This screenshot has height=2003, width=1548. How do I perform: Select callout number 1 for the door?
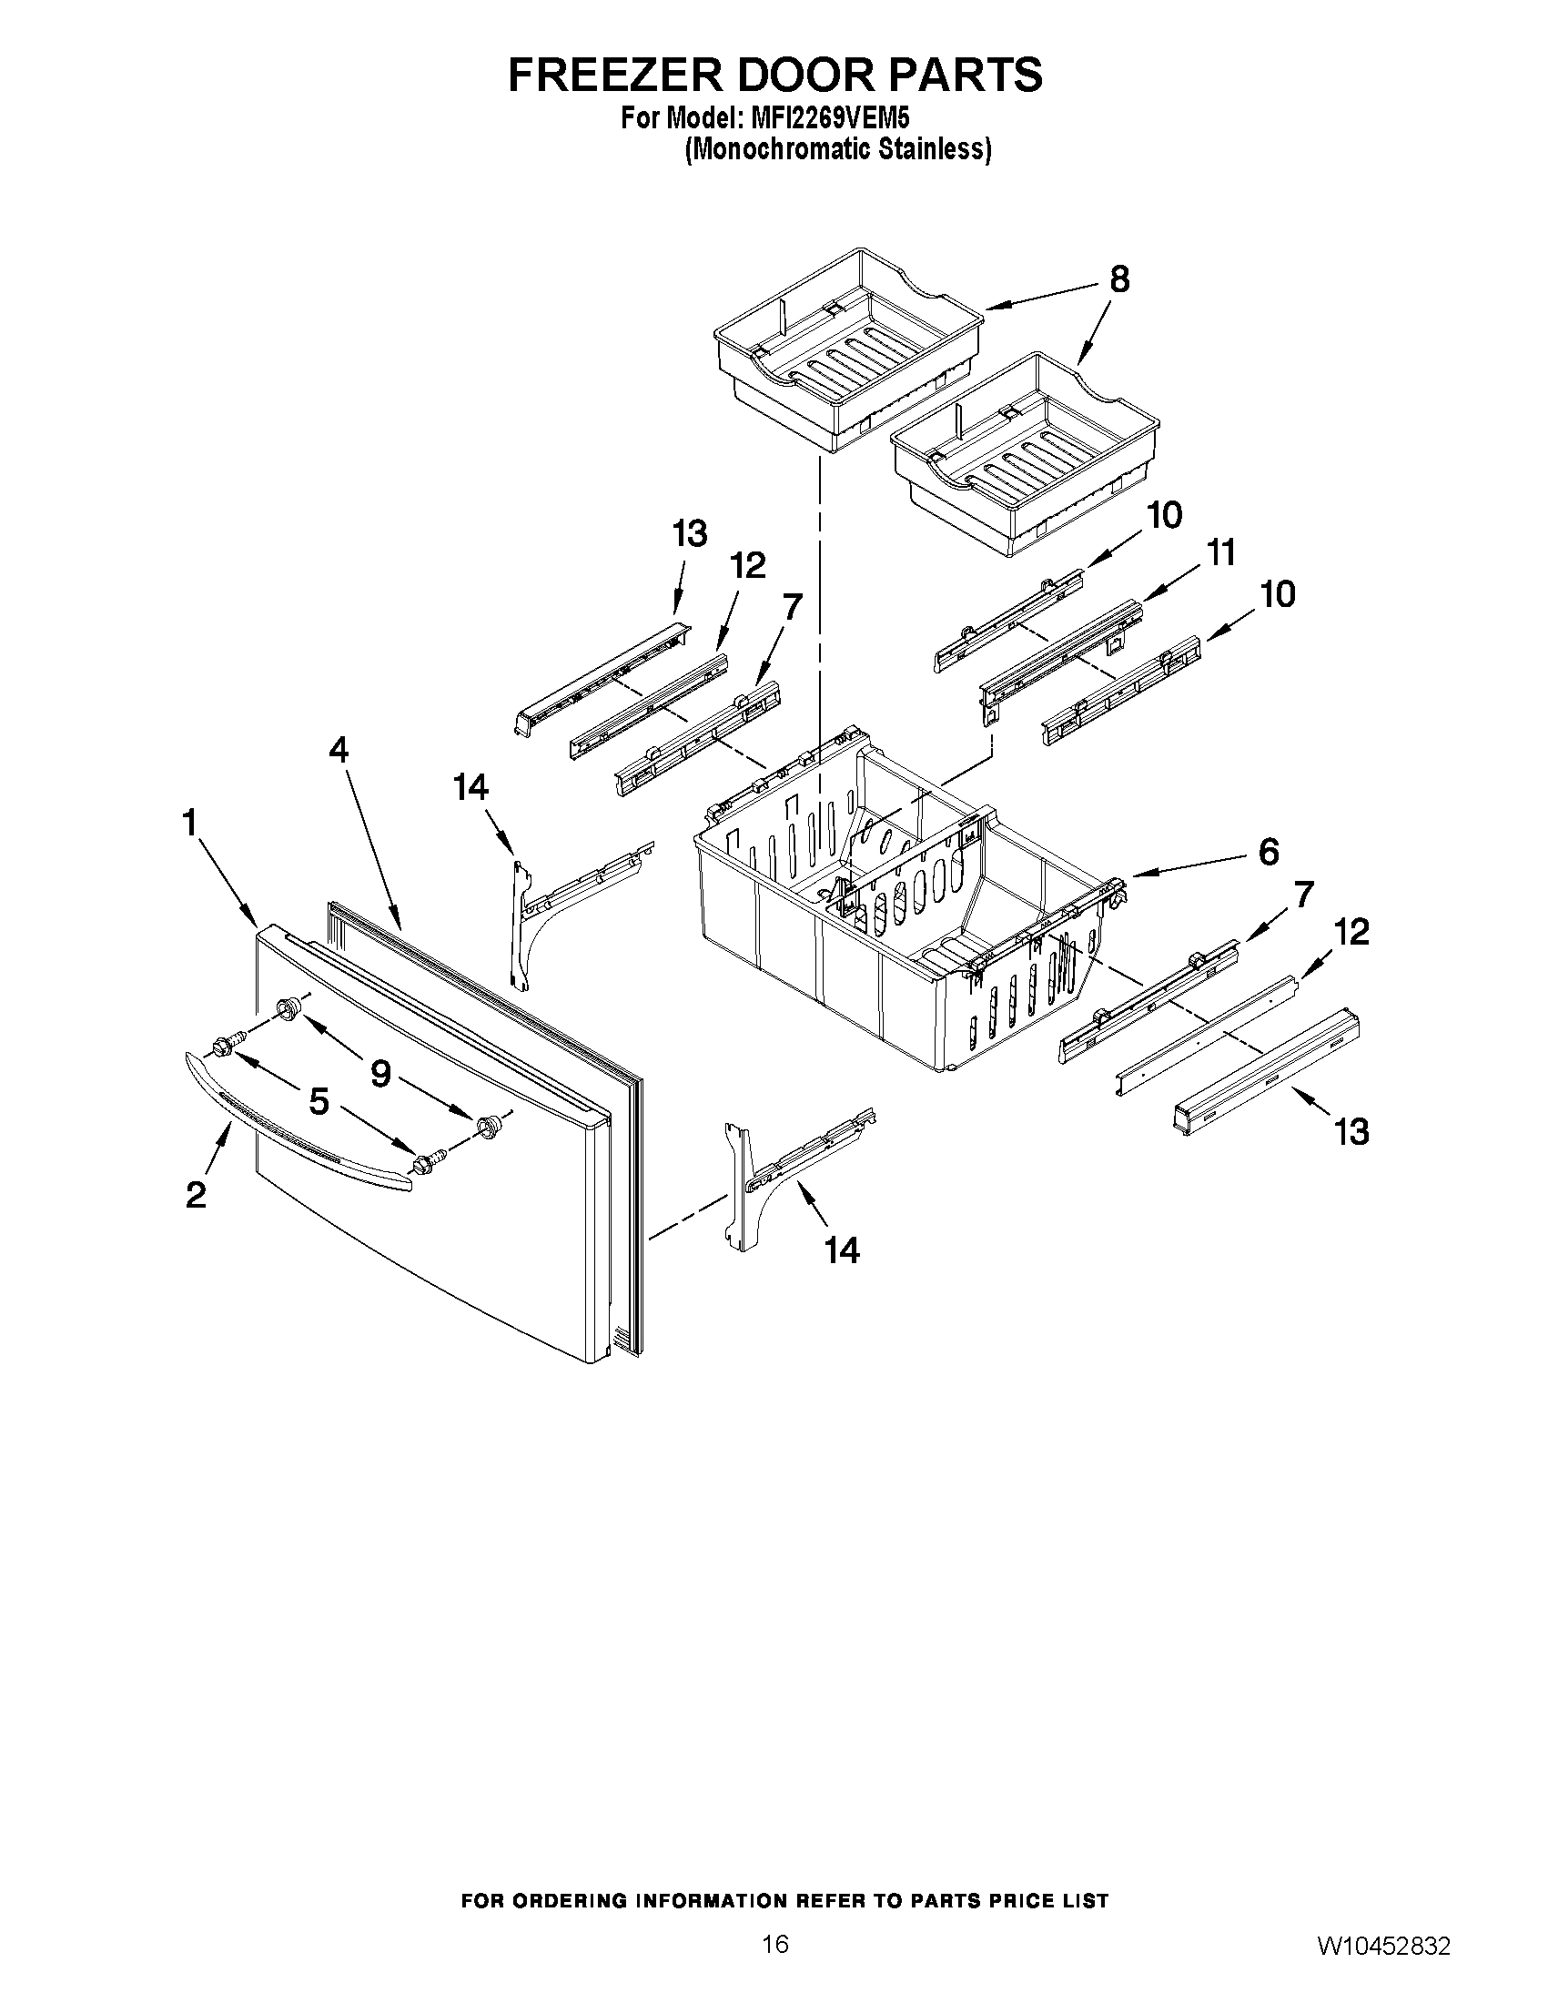point(190,823)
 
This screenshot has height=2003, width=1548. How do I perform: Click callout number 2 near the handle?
point(196,1195)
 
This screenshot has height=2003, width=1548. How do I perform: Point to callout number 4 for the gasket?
point(339,751)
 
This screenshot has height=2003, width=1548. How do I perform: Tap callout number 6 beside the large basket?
point(1268,852)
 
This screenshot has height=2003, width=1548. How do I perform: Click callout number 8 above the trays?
point(1118,278)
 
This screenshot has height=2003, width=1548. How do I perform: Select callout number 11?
point(1220,553)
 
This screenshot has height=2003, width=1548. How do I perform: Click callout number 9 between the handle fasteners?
point(380,1072)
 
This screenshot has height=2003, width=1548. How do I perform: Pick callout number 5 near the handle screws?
point(319,1100)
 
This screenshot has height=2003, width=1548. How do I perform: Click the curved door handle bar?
point(293,1125)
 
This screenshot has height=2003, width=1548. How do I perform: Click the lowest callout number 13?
point(1351,1131)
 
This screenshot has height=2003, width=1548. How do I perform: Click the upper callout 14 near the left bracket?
point(471,787)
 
